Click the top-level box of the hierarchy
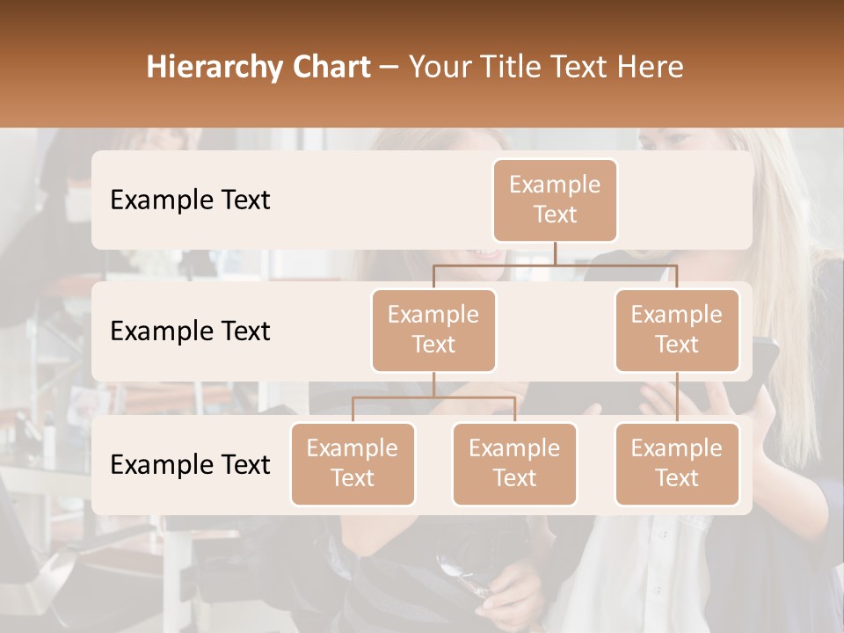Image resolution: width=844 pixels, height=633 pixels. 555,200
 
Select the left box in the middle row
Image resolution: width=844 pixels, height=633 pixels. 433,330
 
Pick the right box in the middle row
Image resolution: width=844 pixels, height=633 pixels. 677,330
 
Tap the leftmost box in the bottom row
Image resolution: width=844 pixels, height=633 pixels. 353,463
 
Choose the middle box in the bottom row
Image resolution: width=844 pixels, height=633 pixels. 514,463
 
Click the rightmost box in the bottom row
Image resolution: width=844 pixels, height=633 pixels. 677,463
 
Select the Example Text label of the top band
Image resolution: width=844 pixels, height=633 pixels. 190,200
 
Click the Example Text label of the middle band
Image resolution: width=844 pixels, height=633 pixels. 190,331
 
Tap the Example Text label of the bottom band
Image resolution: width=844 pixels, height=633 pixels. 190,464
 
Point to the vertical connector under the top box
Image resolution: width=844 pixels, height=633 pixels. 555,253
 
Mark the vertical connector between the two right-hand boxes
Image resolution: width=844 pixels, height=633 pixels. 677,397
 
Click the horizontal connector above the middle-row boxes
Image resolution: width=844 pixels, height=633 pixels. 555,265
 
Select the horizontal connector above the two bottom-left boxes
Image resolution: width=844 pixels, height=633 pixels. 433,397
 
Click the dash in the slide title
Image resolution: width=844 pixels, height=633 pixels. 389,67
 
